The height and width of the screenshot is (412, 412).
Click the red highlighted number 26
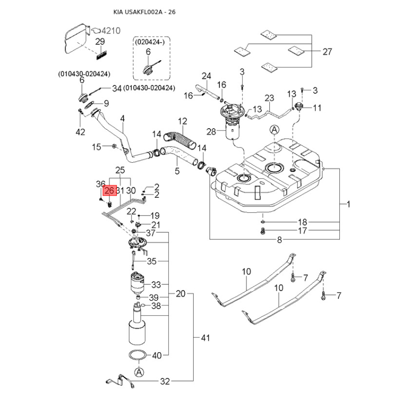coord(109,191)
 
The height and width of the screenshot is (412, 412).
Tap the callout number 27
coord(328,51)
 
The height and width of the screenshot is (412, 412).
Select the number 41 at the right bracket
coord(206,338)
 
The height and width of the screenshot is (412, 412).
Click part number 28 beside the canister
coord(212,132)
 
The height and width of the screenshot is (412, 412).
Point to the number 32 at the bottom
coord(165,382)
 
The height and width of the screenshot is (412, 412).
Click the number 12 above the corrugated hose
coord(183,122)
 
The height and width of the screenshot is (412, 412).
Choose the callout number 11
coord(317,108)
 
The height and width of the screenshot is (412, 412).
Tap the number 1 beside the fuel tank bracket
coord(348,204)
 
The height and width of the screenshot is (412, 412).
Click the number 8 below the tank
coord(280,239)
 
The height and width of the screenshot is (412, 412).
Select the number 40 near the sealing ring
coord(157,355)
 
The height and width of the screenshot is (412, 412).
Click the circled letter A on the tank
coord(274,129)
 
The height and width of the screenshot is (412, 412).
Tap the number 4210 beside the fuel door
coord(110,31)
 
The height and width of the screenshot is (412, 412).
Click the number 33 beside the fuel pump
coord(157,284)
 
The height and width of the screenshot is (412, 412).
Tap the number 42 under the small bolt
coord(80,132)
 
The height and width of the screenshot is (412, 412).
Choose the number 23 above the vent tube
coord(269,98)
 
